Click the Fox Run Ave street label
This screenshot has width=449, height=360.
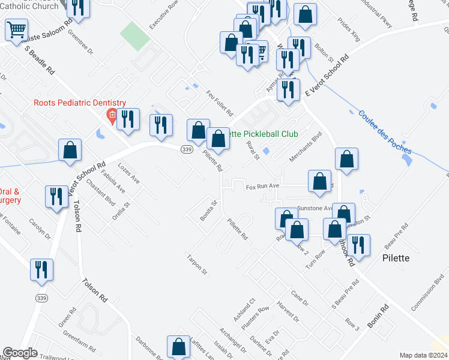click(x=263, y=187)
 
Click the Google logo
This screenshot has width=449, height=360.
click(x=20, y=353)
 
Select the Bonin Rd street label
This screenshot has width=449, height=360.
click(x=378, y=316)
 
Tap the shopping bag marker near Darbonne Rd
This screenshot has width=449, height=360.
click(x=179, y=347)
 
